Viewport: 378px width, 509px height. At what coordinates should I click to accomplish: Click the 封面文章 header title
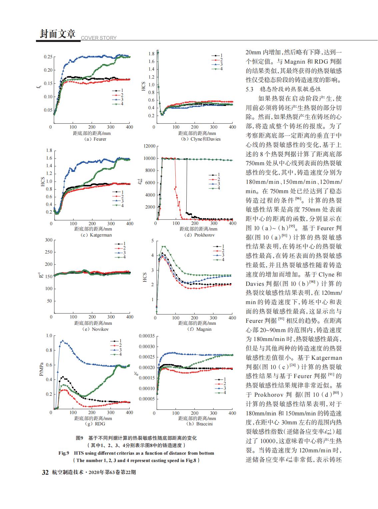pyautogui.click(x=58, y=34)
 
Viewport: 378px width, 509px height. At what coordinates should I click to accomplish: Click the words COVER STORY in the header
pyautogui.click(x=99, y=38)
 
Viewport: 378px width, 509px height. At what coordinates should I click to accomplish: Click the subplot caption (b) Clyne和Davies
pyautogui.click(x=201, y=139)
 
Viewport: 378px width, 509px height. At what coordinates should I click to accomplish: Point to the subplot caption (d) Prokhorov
pyautogui.click(x=199, y=235)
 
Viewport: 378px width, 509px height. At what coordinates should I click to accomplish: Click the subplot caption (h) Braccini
pyautogui.click(x=199, y=424)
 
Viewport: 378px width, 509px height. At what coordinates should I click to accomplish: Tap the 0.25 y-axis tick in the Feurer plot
pyautogui.click(x=48, y=57)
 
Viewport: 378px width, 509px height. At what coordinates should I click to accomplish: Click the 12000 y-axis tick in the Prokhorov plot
pyautogui.click(x=150, y=146)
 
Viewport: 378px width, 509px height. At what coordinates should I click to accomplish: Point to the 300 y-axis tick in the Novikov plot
pyautogui.click(x=49, y=240)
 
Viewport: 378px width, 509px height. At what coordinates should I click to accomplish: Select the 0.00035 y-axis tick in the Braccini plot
pyautogui.click(x=147, y=336)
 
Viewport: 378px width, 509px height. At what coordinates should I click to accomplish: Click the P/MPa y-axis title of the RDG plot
pyautogui.click(x=41, y=369)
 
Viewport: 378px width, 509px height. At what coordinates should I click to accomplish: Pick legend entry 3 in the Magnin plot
pyautogui.click(x=219, y=255)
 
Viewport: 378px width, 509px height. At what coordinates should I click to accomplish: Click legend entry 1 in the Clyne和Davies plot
pyautogui.click(x=217, y=55)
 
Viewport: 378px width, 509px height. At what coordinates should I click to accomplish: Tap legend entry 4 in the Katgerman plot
pyautogui.click(x=118, y=206)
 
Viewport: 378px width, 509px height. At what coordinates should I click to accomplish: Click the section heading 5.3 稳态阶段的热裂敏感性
pyautogui.click(x=283, y=89)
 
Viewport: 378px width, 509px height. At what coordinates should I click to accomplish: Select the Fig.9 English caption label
pyautogui.click(x=64, y=453)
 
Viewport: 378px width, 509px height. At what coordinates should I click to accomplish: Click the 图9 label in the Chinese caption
pyautogui.click(x=79, y=438)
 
